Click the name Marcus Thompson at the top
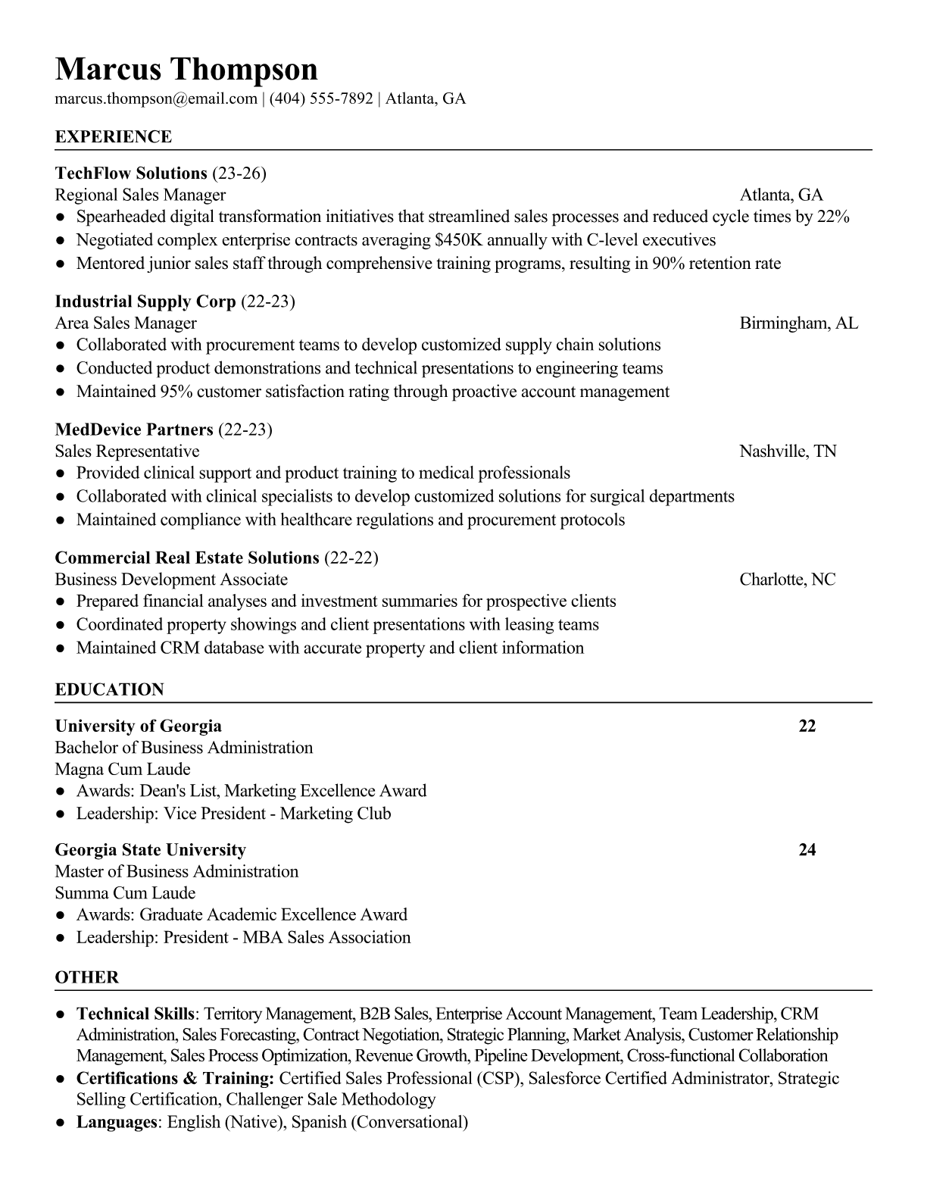tap(186, 69)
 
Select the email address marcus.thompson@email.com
tap(156, 98)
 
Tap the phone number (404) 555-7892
tap(321, 98)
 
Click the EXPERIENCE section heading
tap(114, 137)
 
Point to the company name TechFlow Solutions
tap(131, 173)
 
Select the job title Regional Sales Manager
tap(140, 195)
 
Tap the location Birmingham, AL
tap(799, 323)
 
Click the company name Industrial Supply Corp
tap(145, 302)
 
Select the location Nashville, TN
tap(788, 452)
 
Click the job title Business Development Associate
tap(171, 580)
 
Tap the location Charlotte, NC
tap(788, 580)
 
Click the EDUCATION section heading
tap(109, 689)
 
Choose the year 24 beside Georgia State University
tap(807, 850)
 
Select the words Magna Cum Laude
tap(123, 769)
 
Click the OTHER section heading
tap(87, 977)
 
